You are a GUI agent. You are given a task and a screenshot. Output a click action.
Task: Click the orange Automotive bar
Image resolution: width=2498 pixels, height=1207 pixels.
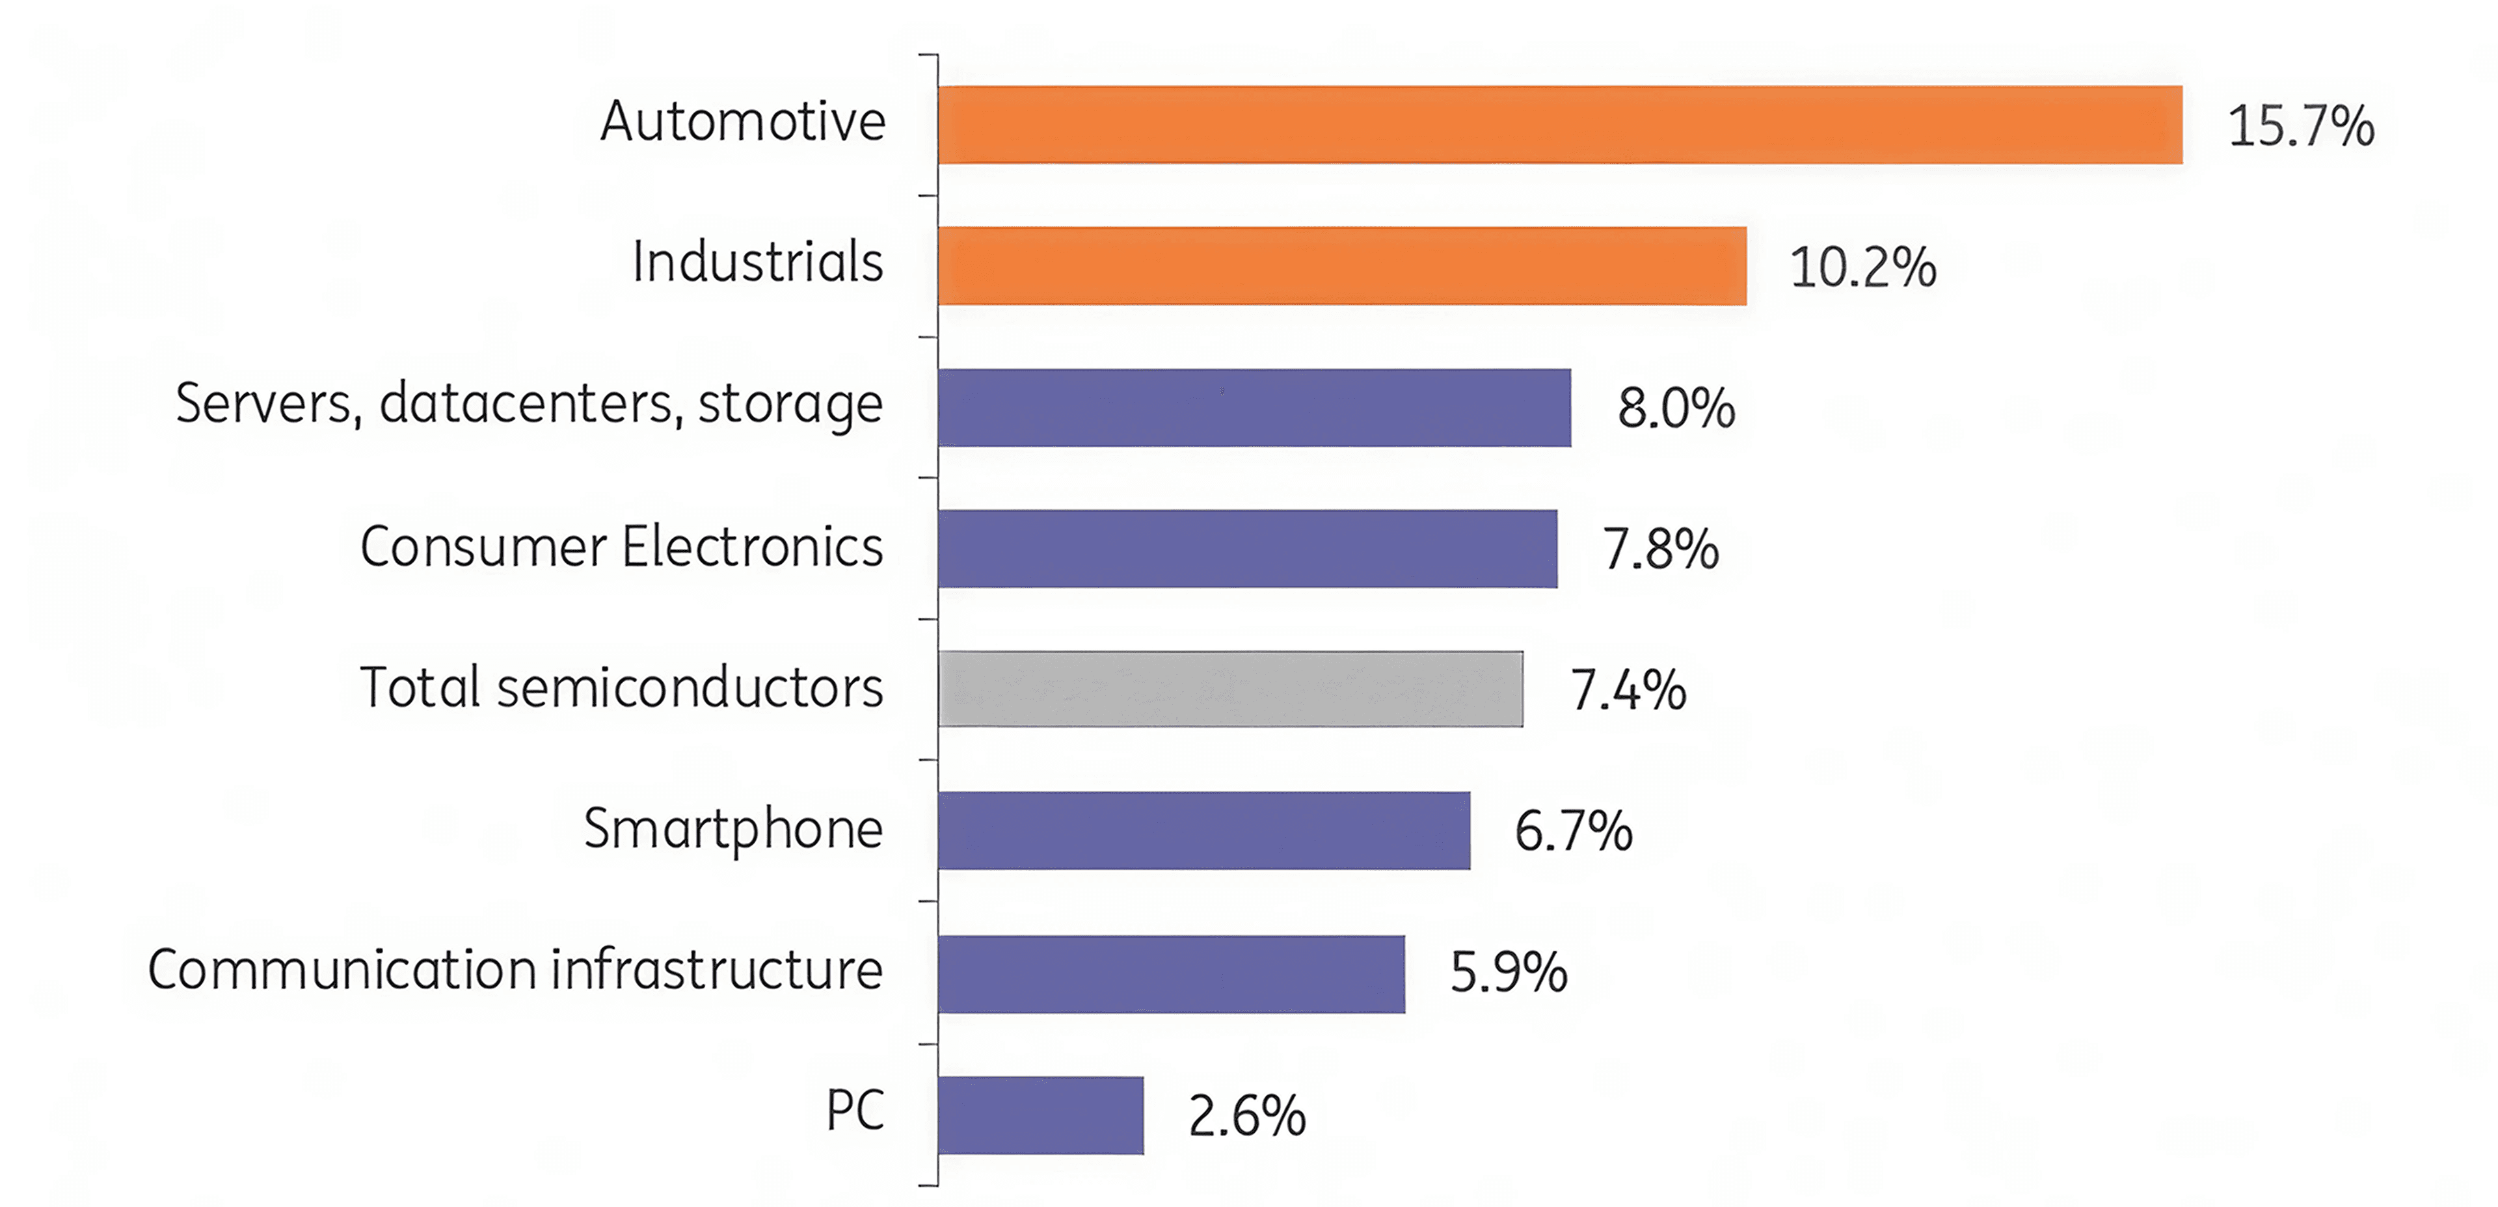point(1559,125)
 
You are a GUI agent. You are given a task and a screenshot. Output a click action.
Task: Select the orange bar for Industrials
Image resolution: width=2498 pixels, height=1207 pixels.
point(1342,265)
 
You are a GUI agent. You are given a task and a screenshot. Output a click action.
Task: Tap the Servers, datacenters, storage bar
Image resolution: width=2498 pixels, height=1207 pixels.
point(1254,407)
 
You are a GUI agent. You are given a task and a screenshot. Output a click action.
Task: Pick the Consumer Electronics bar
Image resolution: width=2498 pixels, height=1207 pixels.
point(1247,549)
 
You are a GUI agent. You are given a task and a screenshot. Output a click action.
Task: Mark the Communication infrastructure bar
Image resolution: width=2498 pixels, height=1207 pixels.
point(1170,974)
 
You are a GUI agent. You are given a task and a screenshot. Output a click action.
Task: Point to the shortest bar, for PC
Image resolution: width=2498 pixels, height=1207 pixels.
point(1041,1115)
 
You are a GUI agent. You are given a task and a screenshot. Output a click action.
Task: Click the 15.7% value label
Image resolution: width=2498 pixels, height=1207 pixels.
point(2300,127)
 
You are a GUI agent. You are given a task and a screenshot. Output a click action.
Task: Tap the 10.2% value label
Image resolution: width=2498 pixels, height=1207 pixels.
point(1862,267)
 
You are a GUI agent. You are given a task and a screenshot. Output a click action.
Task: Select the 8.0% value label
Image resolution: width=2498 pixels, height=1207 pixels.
point(1676,408)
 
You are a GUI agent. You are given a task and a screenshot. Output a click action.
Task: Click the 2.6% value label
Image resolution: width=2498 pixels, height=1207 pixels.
point(1247,1116)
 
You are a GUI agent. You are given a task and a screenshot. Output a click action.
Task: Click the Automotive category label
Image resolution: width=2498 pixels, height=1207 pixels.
point(743,122)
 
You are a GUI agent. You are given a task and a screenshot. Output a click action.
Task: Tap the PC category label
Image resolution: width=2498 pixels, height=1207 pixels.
point(854,1110)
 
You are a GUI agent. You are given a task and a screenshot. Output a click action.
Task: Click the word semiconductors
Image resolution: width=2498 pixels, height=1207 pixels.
point(690,687)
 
